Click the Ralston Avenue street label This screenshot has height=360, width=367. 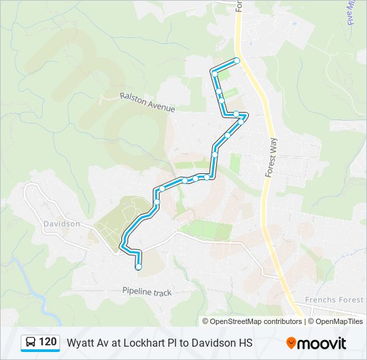[147, 102]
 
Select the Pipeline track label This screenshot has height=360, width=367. [147, 291]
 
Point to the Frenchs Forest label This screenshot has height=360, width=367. [334, 300]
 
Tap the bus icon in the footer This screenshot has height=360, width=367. [31, 343]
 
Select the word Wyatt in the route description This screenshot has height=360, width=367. [79, 343]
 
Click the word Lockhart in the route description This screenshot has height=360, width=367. [143, 343]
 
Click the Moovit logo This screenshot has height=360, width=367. [316, 343]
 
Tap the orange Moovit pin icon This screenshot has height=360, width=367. [292, 343]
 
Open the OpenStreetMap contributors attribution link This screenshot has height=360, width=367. [256, 321]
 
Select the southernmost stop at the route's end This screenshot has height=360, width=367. [139, 267]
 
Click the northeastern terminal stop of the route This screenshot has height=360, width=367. [236, 61]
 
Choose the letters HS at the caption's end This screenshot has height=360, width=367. [246, 343]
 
